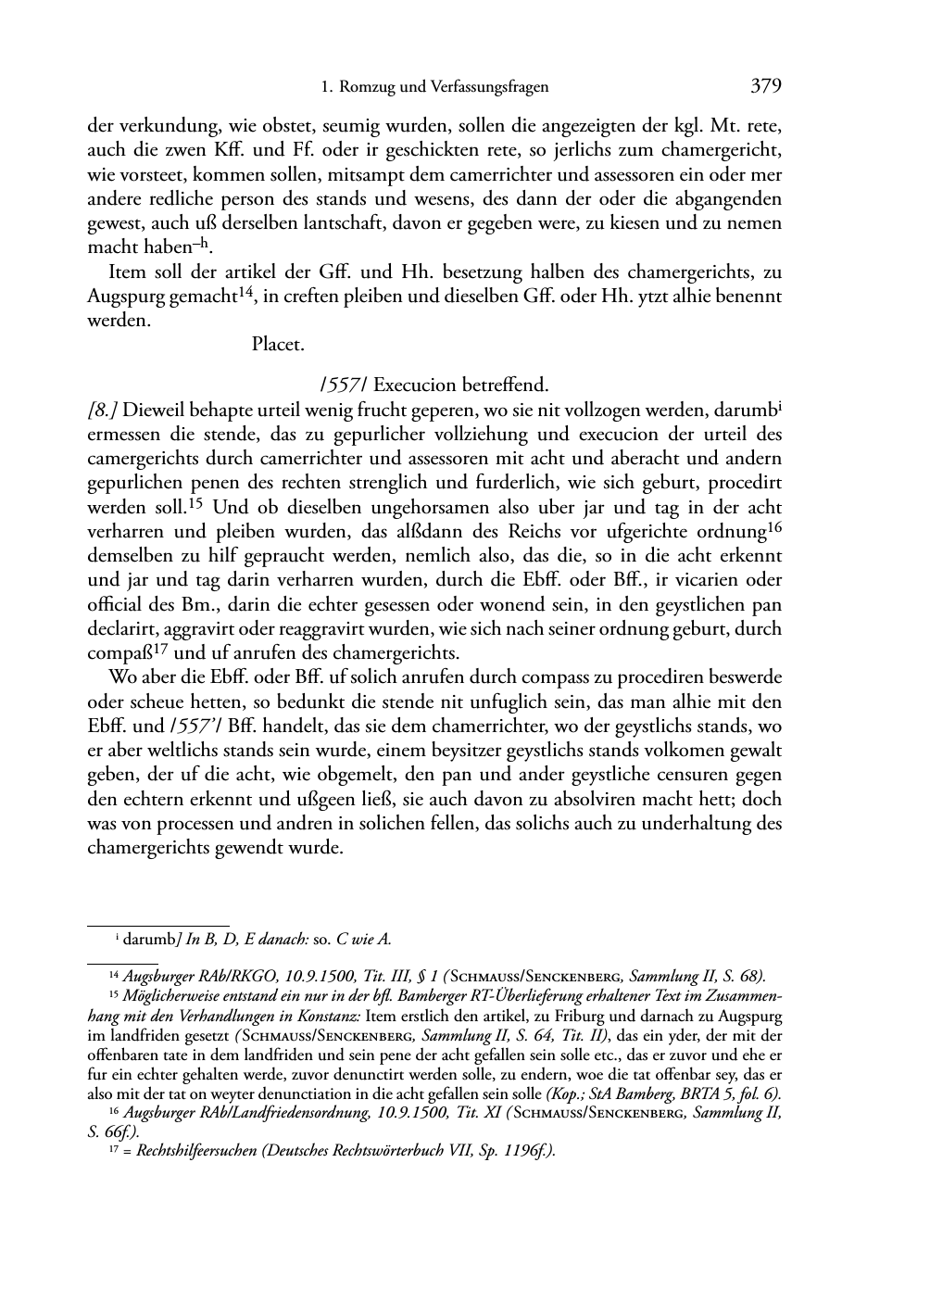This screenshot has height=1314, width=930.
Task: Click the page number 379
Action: (x=766, y=86)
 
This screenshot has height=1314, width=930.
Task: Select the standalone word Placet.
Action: (x=278, y=345)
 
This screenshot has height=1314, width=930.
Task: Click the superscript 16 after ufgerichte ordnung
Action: (x=775, y=528)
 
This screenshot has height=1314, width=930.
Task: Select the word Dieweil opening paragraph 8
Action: (x=153, y=410)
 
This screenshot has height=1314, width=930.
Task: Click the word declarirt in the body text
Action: (x=120, y=629)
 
